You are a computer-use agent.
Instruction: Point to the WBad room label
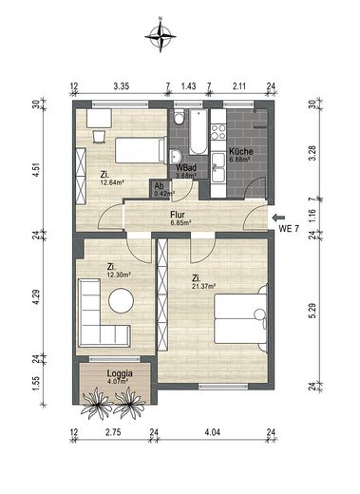point(186,167)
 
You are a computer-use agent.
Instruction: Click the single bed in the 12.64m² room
point(132,149)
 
